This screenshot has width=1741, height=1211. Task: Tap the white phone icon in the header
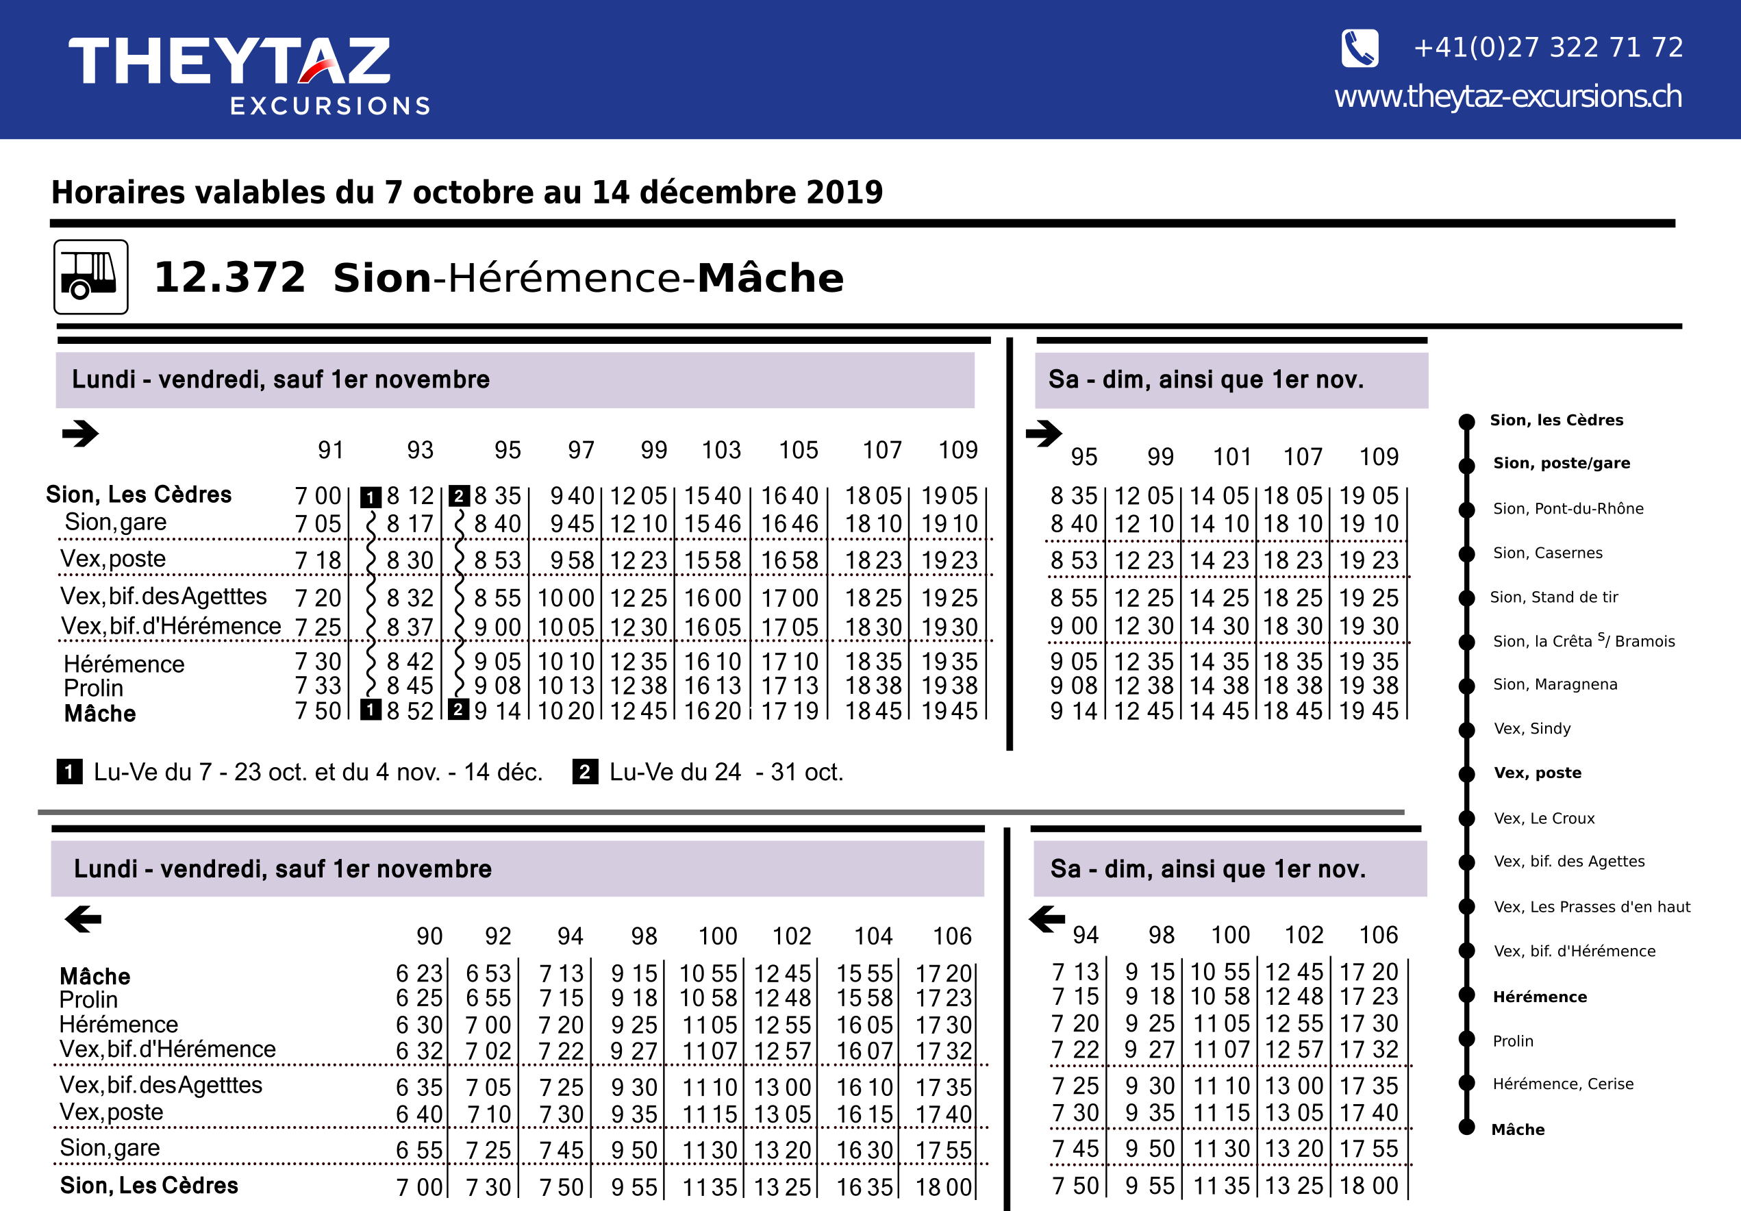1360,49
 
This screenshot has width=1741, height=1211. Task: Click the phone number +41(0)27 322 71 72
1548,48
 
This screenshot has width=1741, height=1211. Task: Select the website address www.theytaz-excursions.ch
1507,97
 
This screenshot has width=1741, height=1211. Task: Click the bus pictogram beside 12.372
90,277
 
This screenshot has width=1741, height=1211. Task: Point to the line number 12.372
229,277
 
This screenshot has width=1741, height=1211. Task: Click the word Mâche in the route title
770,278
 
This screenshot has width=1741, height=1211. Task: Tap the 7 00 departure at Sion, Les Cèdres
318,496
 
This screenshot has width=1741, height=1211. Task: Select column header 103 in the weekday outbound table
721,451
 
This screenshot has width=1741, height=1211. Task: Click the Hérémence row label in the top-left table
123,664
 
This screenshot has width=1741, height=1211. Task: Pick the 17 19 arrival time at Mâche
790,711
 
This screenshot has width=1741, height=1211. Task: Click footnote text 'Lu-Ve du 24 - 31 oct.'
726,772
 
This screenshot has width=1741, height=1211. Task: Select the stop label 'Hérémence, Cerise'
1562,1084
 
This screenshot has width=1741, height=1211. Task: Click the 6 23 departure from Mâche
418,973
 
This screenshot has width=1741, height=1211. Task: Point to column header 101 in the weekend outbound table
1231,458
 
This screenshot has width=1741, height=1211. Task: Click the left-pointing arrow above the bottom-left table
84,919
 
